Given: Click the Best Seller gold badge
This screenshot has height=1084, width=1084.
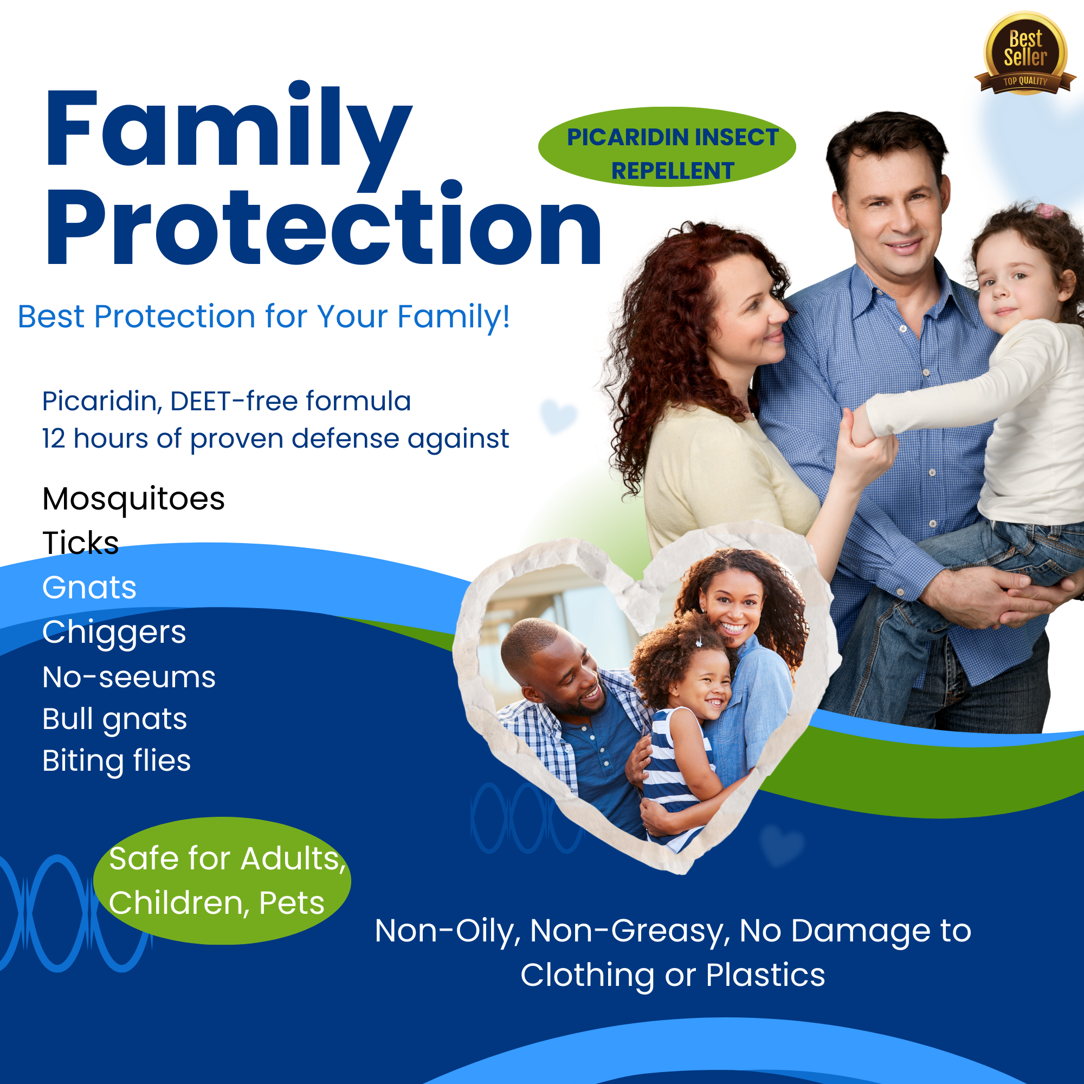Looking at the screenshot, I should [x=1025, y=54].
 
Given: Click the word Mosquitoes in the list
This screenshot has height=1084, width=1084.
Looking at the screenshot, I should [x=133, y=499].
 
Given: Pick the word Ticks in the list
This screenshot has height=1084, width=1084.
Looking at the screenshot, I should [x=81, y=543].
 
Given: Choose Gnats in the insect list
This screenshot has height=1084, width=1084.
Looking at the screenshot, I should [x=89, y=588].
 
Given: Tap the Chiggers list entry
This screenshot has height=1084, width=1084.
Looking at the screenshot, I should [x=114, y=633].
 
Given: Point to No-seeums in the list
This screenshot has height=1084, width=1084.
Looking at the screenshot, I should [x=128, y=677].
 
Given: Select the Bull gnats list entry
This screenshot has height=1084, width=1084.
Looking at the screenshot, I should [x=114, y=719].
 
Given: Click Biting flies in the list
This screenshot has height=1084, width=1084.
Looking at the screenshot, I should [x=117, y=761].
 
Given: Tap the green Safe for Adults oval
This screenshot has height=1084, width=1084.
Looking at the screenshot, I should [x=222, y=880].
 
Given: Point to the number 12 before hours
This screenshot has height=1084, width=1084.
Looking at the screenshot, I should [x=54, y=439].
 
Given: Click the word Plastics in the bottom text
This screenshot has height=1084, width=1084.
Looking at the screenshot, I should [x=765, y=975].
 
